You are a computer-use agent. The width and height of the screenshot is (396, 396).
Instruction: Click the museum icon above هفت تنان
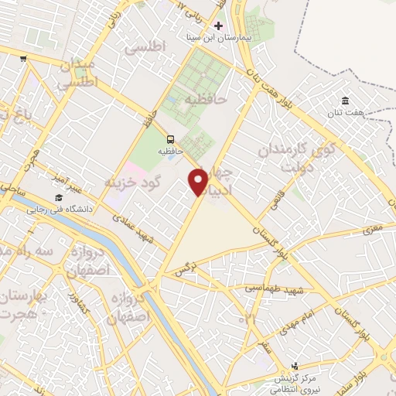pyautogui.click(x=345, y=101)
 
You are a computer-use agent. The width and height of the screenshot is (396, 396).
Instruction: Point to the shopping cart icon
pyautogui.click(x=24, y=58)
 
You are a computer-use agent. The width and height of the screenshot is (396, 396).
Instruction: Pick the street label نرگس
pyautogui.click(x=183, y=271)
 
